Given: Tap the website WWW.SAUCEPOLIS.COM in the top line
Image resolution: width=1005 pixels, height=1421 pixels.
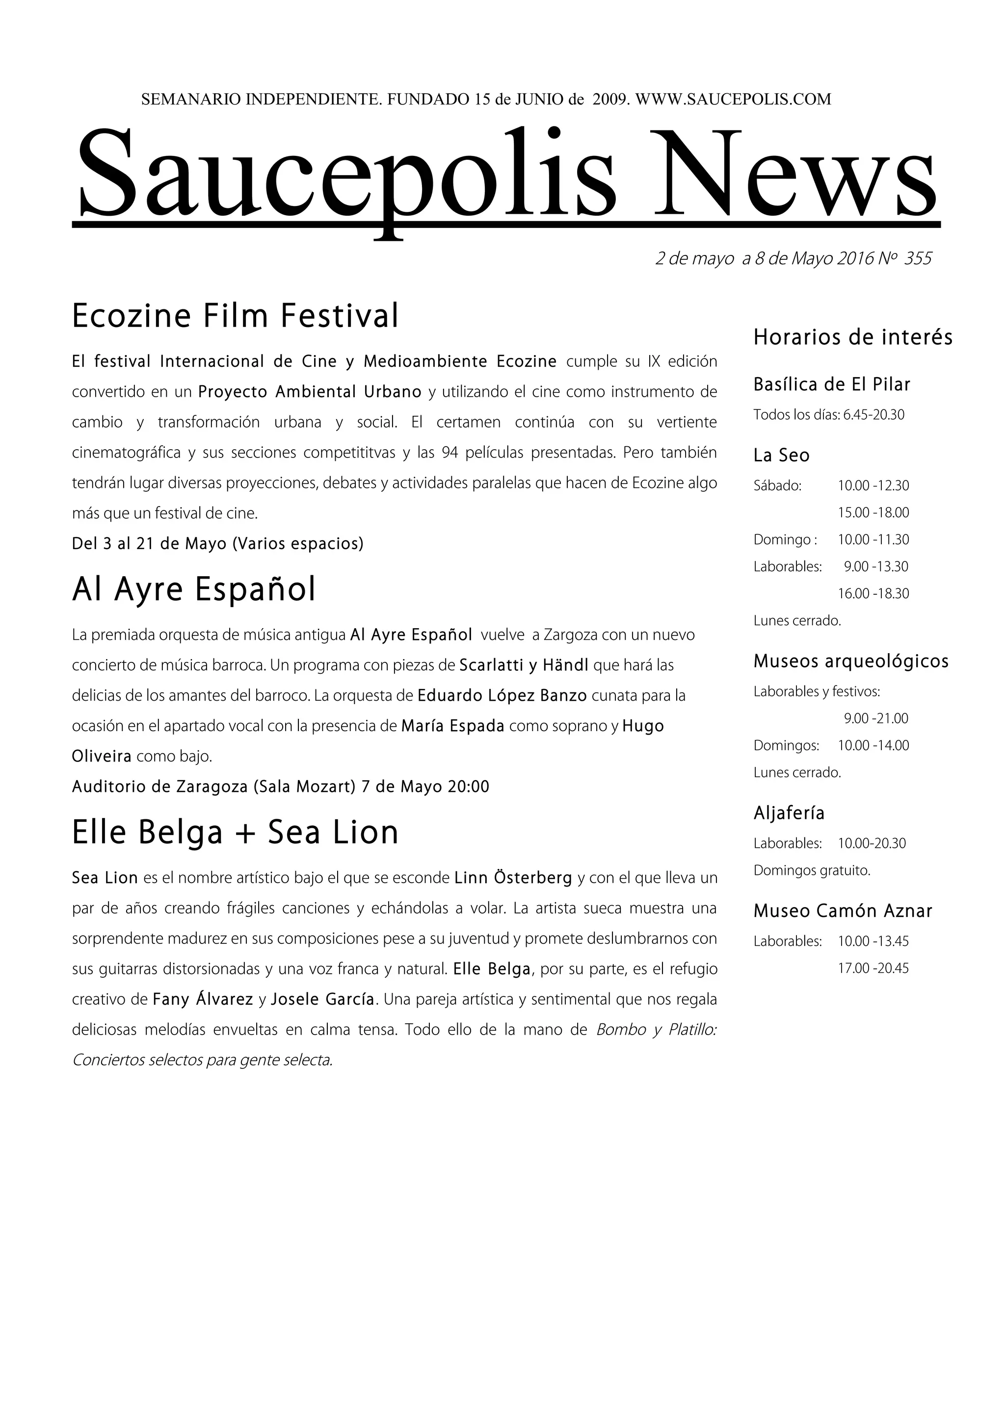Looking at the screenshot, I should tap(733, 99).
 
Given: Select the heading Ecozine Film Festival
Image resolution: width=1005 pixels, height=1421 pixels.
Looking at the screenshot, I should tap(236, 316).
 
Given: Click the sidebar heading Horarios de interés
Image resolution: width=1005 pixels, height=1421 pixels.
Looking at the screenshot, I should tap(853, 337).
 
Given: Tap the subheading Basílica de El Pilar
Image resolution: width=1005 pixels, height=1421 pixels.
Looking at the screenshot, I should tap(832, 385).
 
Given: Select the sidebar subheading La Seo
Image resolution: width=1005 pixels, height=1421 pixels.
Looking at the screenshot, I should tap(781, 456).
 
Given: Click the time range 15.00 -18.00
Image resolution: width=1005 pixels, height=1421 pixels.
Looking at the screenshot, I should tap(873, 512).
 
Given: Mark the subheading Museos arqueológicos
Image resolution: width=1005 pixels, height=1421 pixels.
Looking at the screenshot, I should tap(851, 661).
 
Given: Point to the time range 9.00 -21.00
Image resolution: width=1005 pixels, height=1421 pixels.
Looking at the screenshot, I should tap(875, 718).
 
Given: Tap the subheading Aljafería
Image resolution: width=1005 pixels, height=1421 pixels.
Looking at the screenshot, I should tap(789, 813).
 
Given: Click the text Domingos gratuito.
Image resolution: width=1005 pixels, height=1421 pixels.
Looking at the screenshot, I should tap(812, 871).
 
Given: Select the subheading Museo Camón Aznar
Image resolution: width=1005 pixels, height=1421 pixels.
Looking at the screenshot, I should tap(843, 911).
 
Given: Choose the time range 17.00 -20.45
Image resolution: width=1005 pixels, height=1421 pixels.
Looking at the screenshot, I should tap(873, 968).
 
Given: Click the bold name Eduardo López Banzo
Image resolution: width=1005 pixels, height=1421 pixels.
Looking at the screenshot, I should tap(502, 696).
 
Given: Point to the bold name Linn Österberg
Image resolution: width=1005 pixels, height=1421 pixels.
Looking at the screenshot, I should tap(513, 878).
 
